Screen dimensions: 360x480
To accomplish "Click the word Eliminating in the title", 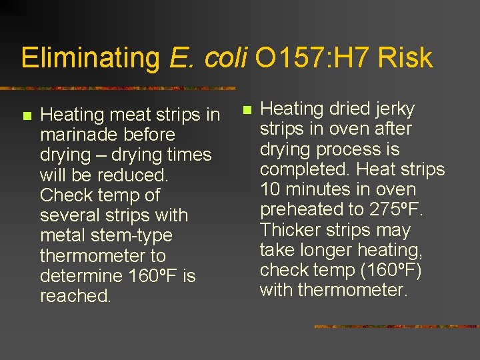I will point(91,58).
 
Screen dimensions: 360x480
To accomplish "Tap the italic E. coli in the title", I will point(209,58).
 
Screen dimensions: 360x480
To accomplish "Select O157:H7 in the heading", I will point(313,58).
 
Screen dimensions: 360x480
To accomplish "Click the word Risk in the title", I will point(405,58).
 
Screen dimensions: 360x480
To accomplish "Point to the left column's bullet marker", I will point(26,116).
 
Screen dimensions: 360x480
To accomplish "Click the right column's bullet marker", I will point(246,109).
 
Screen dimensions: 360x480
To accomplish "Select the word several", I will point(68,215).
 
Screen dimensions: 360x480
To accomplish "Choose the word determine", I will point(81,276).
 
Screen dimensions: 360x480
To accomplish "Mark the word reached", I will point(75,296).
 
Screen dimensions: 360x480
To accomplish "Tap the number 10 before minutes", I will point(269,189).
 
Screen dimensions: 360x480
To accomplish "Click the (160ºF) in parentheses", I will point(392,270).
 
